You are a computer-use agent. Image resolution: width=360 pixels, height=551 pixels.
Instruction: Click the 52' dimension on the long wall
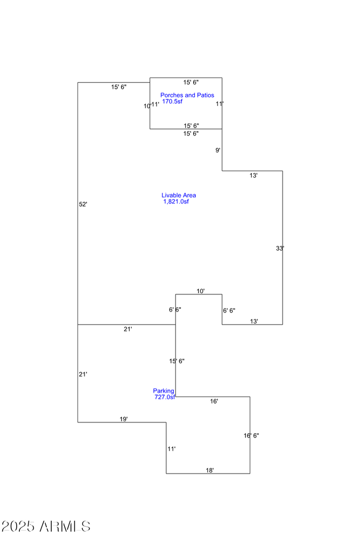click(83, 204)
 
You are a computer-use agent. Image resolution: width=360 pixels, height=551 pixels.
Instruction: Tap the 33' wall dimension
click(280, 249)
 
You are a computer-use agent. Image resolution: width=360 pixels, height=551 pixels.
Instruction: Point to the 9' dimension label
click(218, 151)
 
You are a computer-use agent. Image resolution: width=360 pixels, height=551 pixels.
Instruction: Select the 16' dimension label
click(214, 401)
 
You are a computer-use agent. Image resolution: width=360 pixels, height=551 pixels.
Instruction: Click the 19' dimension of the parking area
click(124, 419)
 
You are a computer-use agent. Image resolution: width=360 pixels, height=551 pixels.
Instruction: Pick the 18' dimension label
click(210, 470)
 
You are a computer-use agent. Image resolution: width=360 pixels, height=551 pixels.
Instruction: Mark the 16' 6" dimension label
click(251, 436)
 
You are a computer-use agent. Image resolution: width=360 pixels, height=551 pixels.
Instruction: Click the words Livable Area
click(179, 195)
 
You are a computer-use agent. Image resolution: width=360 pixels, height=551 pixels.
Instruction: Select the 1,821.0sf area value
click(176, 202)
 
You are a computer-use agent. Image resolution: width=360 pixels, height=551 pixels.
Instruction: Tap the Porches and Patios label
click(187, 95)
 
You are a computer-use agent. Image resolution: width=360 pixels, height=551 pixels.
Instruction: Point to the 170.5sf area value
click(172, 102)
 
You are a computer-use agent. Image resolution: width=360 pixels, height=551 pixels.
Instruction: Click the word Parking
click(164, 391)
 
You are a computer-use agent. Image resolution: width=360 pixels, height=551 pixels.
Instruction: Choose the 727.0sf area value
click(165, 397)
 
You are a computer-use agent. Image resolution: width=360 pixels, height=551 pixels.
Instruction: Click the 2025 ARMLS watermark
click(46, 526)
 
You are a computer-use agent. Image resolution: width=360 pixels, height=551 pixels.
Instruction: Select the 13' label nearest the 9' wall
click(253, 176)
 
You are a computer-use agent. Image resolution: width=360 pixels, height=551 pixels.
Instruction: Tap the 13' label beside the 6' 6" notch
click(254, 322)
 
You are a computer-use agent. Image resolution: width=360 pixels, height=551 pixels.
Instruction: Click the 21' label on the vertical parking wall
click(83, 375)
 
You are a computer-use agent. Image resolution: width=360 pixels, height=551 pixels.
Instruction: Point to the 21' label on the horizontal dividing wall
click(128, 329)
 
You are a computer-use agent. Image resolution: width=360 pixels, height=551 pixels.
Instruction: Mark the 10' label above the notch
click(201, 291)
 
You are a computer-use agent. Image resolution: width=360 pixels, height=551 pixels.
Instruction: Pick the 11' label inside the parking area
click(172, 449)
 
